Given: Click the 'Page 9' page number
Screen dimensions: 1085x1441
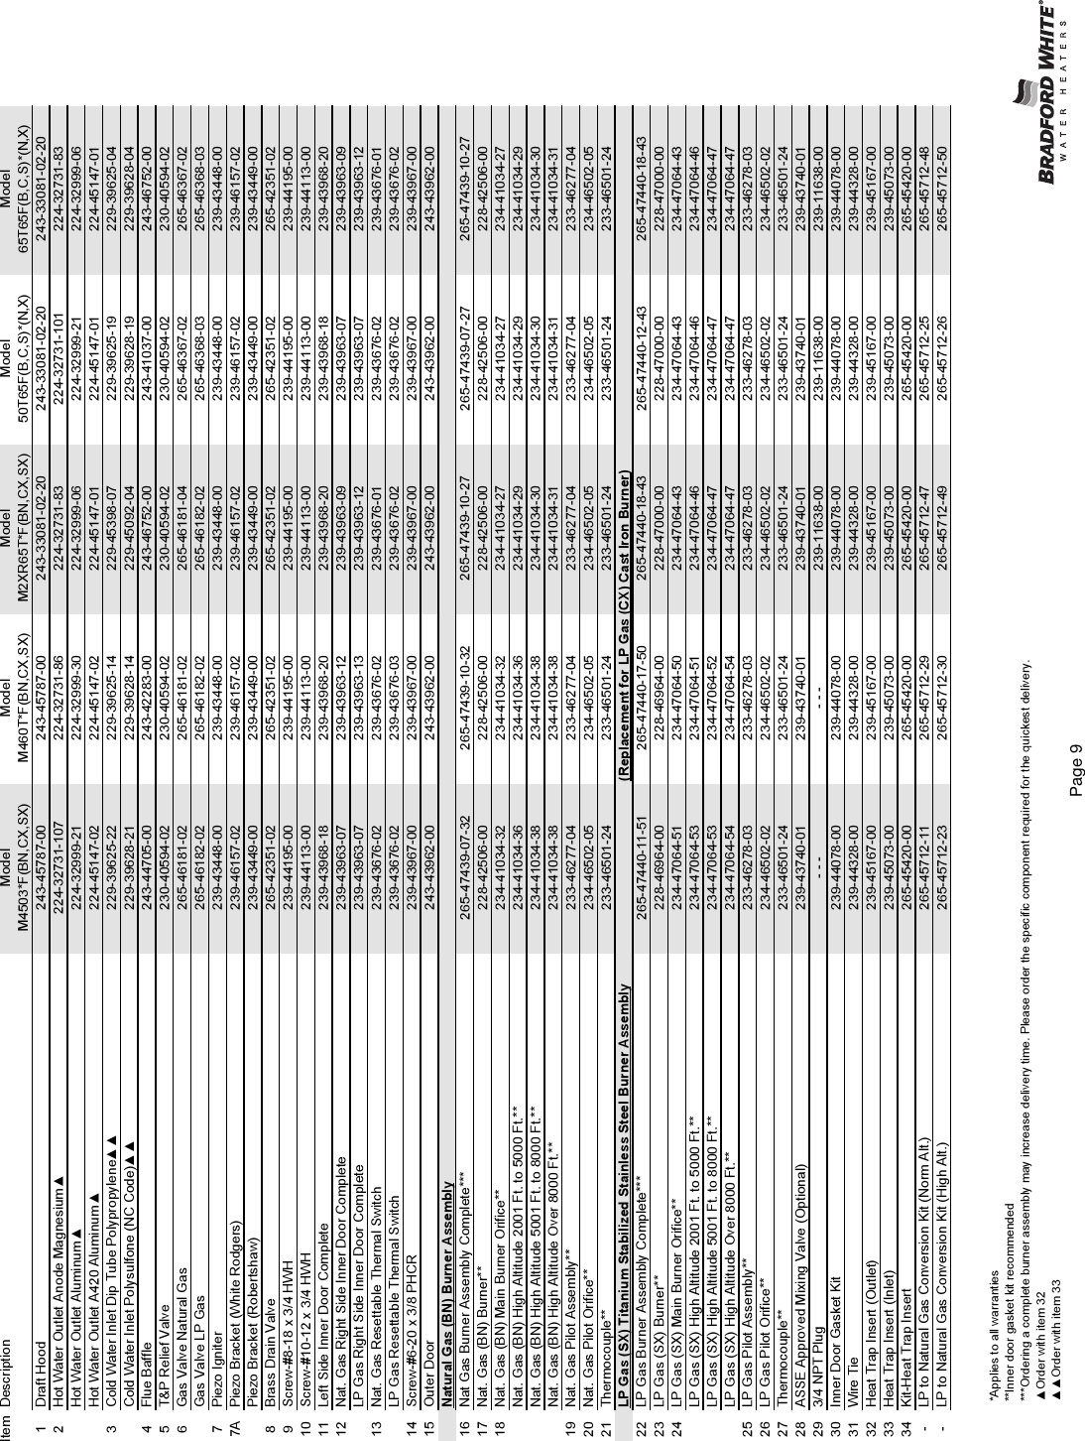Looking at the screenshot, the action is click(x=1075, y=770).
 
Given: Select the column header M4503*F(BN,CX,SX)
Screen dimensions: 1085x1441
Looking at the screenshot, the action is click(x=23, y=868).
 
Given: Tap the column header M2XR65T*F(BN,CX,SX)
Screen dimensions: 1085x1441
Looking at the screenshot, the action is click(x=23, y=529).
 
